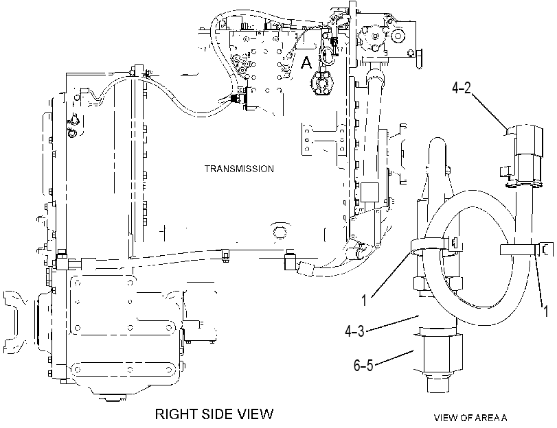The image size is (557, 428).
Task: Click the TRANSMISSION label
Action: coord(239,169)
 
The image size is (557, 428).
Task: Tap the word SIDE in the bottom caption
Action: coord(215,414)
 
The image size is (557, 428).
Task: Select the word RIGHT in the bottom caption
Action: coord(176,414)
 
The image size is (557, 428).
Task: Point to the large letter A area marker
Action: coord(306,63)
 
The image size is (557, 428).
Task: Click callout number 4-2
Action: coord(461,88)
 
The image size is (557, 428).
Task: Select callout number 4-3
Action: coord(354,331)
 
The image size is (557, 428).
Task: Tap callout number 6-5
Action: coord(363,365)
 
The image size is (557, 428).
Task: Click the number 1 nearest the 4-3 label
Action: coord(364,301)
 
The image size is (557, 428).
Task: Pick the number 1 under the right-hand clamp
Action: coord(545,311)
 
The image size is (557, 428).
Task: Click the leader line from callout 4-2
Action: coord(488,110)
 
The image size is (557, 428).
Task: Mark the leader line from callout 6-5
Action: coord(394,357)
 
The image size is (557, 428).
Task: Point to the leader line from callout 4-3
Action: coord(393,323)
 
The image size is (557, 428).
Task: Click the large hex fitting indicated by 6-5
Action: coord(438,353)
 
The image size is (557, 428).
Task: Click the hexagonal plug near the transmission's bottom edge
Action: coord(280,233)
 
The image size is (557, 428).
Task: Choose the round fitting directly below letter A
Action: coord(323,83)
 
